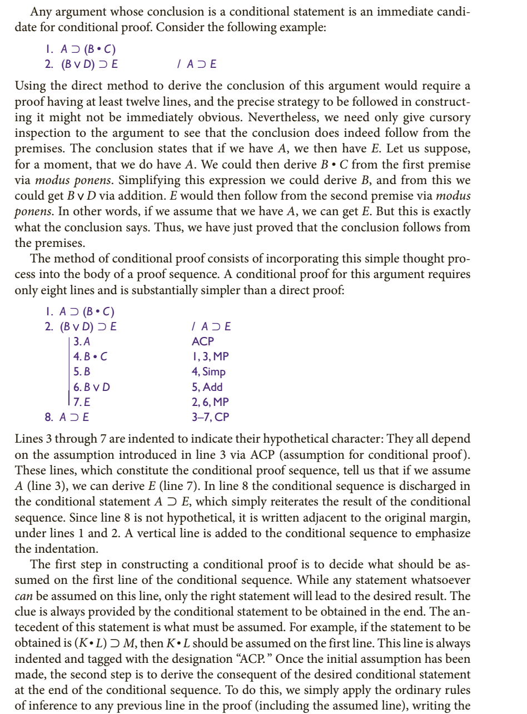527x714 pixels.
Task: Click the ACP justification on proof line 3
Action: click(203, 341)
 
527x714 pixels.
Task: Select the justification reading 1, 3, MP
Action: click(210, 356)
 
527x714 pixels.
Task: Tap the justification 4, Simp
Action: click(208, 371)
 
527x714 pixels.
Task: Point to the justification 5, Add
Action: click(207, 386)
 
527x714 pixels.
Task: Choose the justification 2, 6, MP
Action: click(210, 401)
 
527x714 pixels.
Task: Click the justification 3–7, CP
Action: click(210, 416)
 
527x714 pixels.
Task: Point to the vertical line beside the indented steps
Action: click(68, 371)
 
